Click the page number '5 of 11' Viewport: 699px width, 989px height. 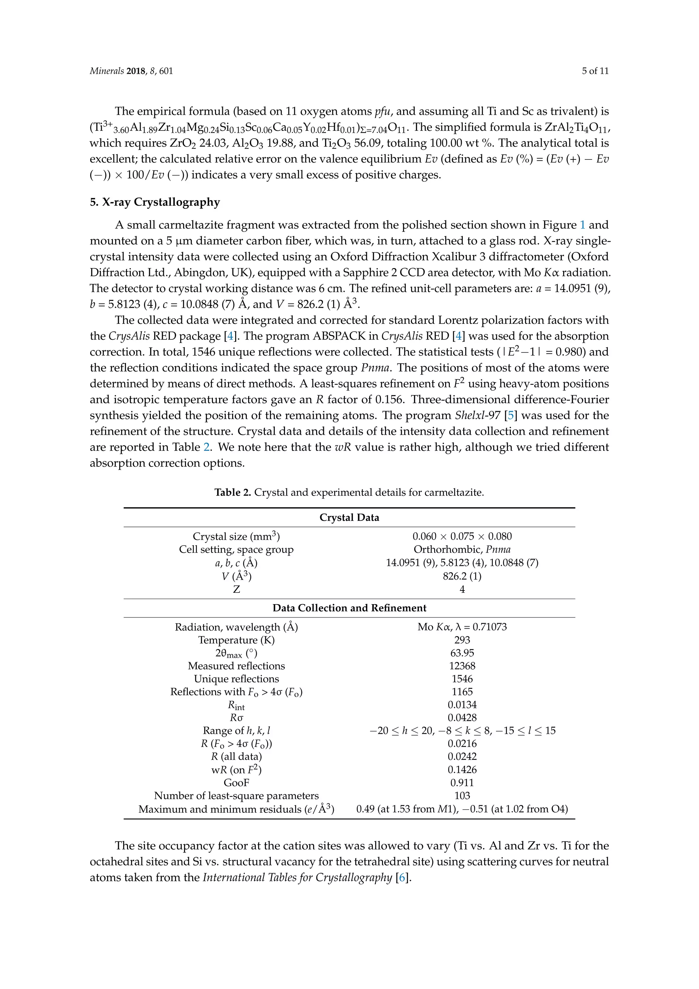coord(595,71)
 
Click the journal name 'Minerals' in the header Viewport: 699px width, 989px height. coord(106,71)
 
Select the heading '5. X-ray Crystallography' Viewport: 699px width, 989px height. coord(155,202)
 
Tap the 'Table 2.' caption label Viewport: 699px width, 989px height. coord(232,492)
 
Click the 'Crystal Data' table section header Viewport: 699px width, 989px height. coord(349,517)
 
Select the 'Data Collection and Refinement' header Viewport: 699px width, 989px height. coord(349,608)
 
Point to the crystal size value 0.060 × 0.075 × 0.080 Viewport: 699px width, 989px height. coord(462,536)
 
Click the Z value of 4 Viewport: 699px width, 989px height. coord(462,589)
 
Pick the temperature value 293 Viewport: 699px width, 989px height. coord(462,640)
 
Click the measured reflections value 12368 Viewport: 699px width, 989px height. coord(462,666)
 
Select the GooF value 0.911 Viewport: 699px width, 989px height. coord(462,783)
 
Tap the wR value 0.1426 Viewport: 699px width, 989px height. coord(462,770)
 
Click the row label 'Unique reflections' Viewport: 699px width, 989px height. coord(236,679)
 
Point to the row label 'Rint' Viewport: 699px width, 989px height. coord(236,706)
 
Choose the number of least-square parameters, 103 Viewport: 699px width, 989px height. coord(462,796)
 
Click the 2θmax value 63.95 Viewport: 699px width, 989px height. coord(462,653)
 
